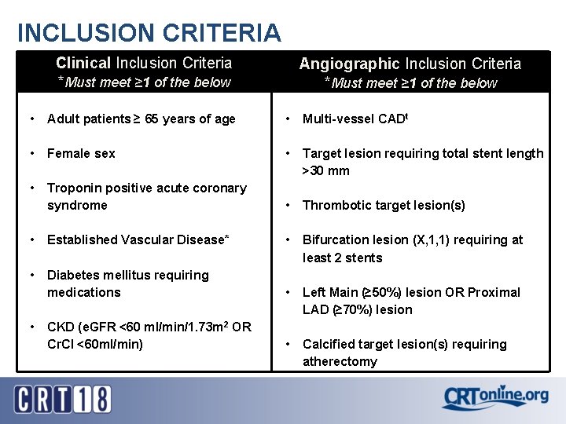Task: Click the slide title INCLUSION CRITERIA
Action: pos(149,32)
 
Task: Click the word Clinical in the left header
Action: pos(83,63)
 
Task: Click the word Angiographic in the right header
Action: pos(350,64)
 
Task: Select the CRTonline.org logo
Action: pos(494,397)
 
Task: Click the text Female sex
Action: pos(81,154)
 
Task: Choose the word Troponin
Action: pos(73,188)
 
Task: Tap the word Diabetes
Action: pos(73,275)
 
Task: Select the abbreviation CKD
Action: pos(61,327)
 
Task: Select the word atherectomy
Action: pos(340,362)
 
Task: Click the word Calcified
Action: pos(328,344)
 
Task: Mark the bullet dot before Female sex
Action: pos(31,154)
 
